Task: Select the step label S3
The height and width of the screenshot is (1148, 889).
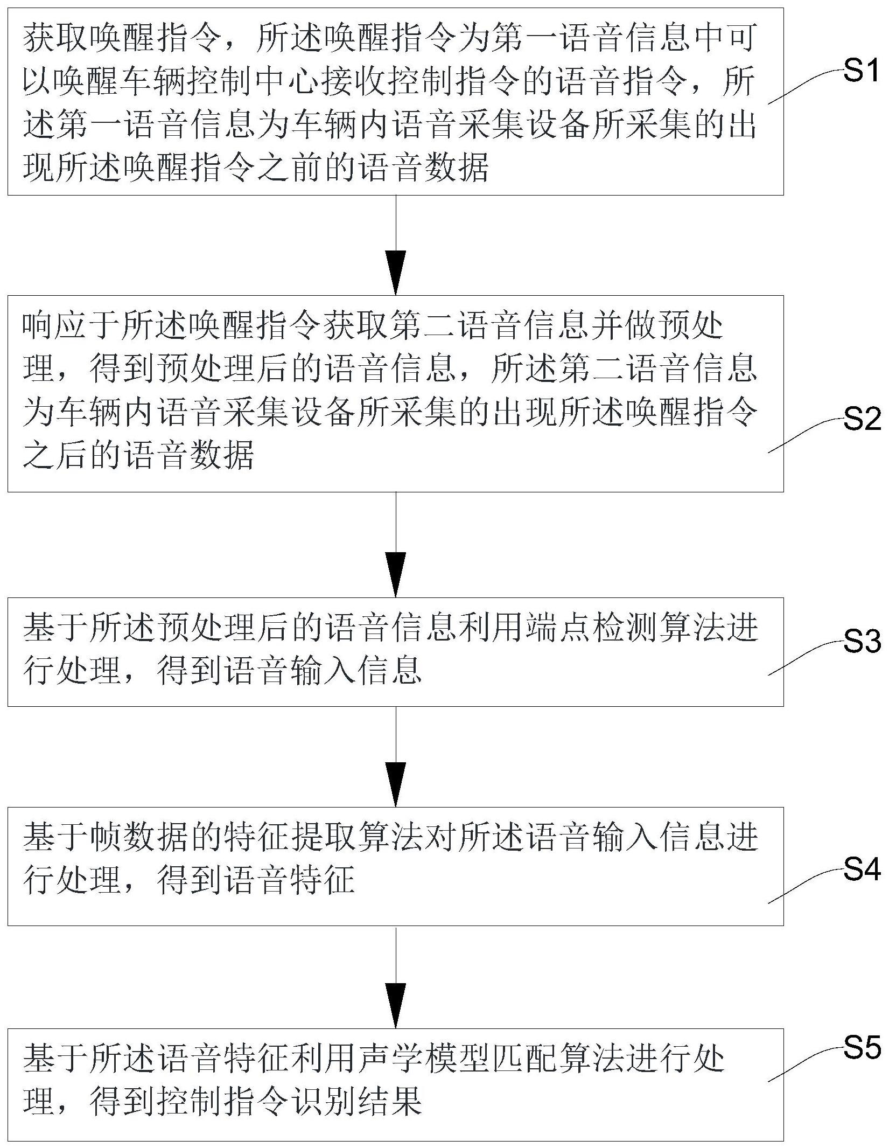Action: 860,641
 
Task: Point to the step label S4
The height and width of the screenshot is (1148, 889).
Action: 860,868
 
